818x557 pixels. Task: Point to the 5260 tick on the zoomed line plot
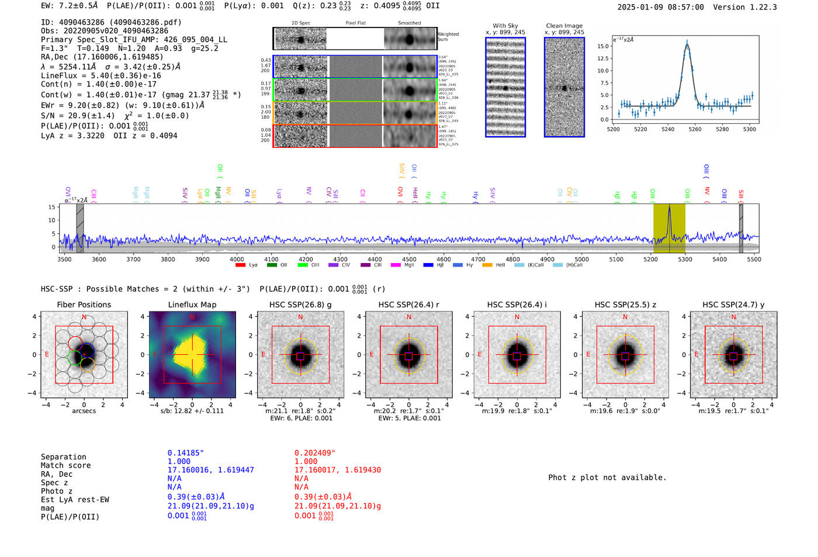[695, 129]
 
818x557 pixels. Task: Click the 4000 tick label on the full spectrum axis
[237, 260]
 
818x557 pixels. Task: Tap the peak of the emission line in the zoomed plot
[687, 42]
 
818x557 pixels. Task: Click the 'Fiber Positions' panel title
[84, 305]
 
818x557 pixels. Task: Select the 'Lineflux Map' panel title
[192, 305]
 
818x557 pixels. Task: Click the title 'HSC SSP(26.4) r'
[408, 305]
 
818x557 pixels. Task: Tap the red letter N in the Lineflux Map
[192, 317]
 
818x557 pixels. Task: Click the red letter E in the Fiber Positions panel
[47, 355]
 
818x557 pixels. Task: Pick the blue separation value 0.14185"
[185, 453]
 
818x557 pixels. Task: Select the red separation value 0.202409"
[314, 453]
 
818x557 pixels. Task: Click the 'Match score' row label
[65, 466]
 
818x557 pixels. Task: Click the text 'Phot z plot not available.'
[607, 478]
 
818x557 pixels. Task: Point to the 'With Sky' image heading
[505, 26]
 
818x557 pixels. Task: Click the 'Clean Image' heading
[564, 26]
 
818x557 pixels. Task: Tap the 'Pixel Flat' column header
[355, 23]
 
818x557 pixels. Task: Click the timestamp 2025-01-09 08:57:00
[660, 7]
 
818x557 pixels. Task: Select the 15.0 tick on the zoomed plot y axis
[603, 46]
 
